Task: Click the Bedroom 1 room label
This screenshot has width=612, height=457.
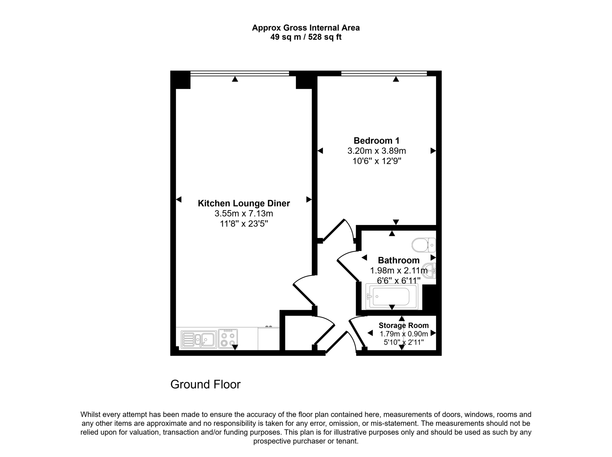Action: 377,141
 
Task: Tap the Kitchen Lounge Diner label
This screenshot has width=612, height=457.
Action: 244,204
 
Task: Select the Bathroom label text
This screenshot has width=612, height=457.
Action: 399,260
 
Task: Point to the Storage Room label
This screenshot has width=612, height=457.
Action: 404,325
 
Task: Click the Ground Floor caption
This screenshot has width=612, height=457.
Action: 205,384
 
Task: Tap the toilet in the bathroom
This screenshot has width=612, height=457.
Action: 423,245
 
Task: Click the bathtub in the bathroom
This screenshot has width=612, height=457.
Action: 392,296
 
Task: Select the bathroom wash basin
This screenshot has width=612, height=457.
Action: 429,271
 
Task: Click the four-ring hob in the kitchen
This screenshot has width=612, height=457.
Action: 228,338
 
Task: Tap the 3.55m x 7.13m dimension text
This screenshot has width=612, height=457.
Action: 244,214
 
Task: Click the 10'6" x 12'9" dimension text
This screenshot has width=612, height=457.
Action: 377,161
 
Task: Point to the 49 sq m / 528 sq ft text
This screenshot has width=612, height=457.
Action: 306,37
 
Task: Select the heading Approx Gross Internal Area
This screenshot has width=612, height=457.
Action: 306,28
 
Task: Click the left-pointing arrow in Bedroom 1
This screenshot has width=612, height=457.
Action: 320,151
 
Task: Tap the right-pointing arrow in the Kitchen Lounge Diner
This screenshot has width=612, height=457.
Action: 309,199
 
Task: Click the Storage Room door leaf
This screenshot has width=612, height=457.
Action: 357,334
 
